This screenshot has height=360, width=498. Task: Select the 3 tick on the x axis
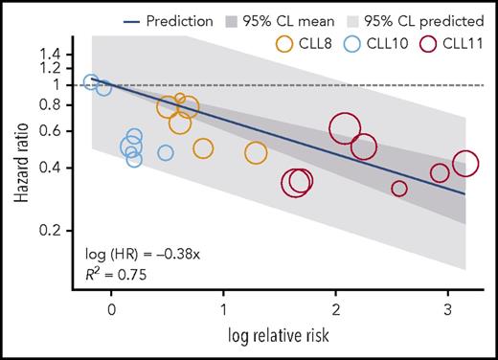coord(448,310)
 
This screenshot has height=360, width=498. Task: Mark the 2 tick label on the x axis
coord(335,310)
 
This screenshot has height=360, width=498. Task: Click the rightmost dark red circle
coord(465,164)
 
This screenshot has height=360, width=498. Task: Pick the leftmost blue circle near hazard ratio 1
coord(91,82)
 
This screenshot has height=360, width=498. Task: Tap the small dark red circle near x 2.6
coord(399,189)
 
